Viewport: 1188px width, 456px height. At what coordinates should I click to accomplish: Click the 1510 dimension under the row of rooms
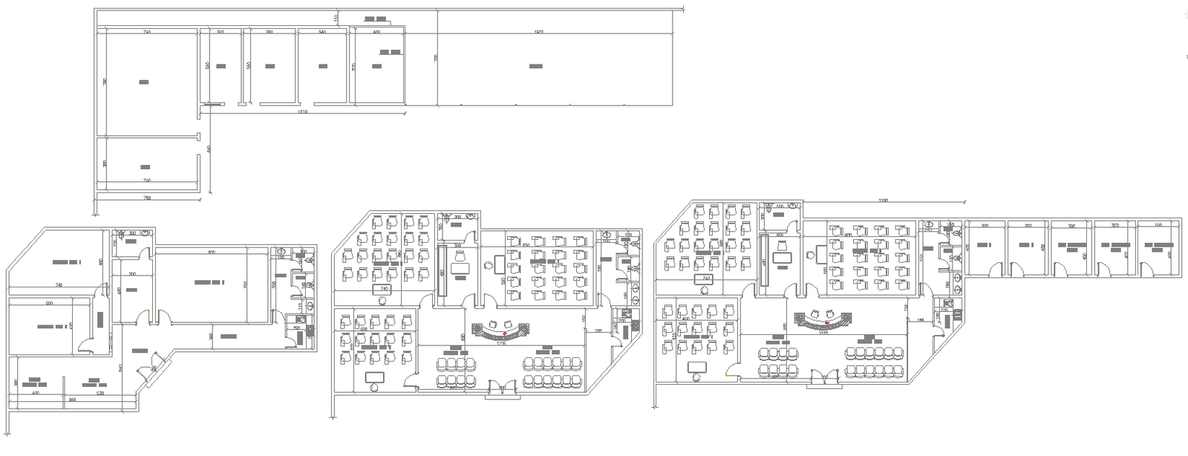click(x=302, y=112)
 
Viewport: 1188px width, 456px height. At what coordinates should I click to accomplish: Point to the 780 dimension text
click(x=147, y=198)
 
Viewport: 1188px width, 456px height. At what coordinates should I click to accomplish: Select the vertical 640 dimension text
click(x=209, y=149)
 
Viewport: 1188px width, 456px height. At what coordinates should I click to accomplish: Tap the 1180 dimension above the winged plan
click(x=883, y=201)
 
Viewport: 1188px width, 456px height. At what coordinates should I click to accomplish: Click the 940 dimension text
click(x=72, y=400)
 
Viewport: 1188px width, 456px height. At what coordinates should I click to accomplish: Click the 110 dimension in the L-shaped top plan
click(x=336, y=17)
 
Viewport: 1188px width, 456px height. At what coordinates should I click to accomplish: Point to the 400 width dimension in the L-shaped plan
click(x=376, y=33)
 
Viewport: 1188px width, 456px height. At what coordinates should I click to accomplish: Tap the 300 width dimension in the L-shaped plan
click(x=221, y=33)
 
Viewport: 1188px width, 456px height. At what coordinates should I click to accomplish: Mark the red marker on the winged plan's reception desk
click(x=827, y=322)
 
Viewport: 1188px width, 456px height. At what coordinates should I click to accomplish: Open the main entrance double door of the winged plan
click(x=821, y=379)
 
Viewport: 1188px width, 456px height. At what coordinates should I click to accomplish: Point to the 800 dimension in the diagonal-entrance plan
click(x=212, y=253)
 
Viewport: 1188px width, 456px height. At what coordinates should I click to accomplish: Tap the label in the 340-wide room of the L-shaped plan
click(x=323, y=66)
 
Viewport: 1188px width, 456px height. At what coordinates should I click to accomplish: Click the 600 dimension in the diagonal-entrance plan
click(x=50, y=303)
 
